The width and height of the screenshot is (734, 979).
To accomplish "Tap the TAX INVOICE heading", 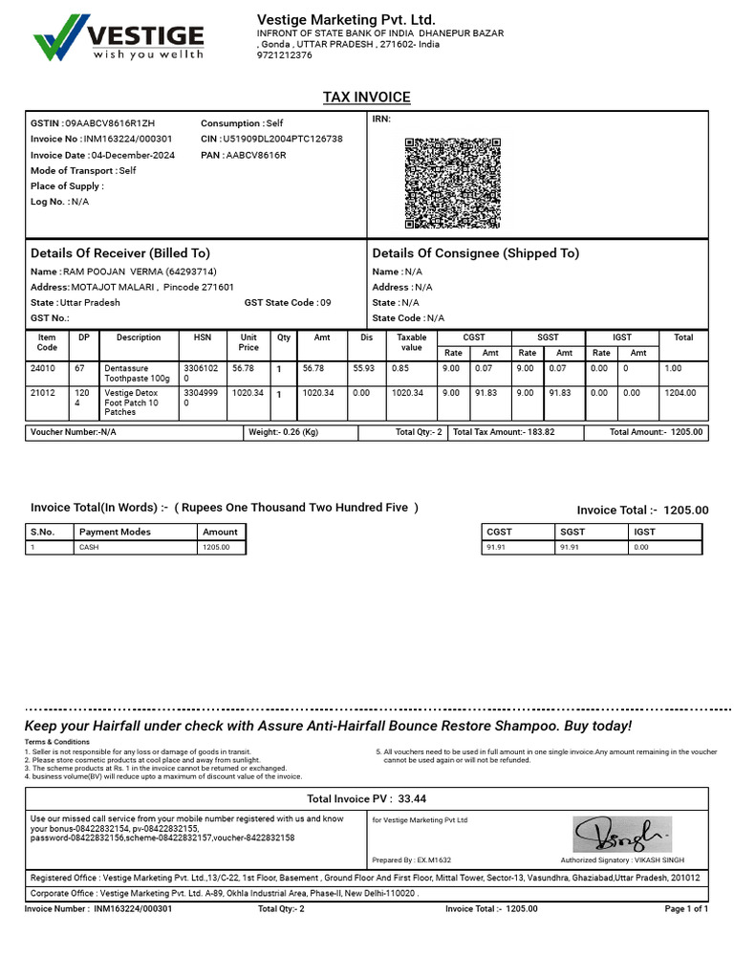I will (367, 98).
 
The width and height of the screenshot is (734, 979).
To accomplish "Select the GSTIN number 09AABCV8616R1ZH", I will (109, 123).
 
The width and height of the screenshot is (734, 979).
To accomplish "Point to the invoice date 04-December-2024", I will (133, 155).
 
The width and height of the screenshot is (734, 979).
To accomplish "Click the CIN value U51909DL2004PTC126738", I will (282, 139).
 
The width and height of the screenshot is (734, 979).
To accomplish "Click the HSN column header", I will (203, 337).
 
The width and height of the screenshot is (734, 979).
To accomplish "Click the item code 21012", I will (43, 392).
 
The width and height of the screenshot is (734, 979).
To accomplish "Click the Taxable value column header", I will (411, 342).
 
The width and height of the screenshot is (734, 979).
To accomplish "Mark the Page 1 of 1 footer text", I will (685, 909).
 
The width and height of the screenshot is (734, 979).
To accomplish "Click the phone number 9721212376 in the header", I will (285, 55).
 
